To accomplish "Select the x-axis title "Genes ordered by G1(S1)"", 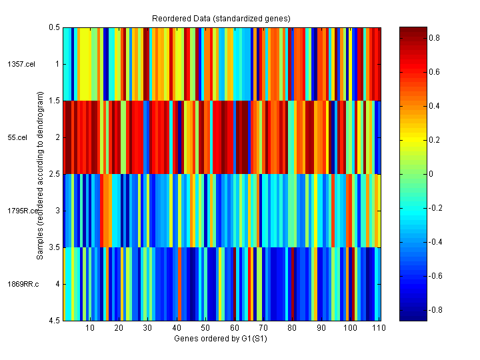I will pyautogui.click(x=222, y=338).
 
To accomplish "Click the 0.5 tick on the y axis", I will pyautogui.click(x=54, y=27).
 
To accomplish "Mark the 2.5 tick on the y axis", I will pyautogui.click(x=54, y=174).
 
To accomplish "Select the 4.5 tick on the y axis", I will pyautogui.click(x=54, y=321).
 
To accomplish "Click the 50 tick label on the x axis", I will pyautogui.click(x=205, y=328).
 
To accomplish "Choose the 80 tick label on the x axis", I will pyautogui.click(x=292, y=328).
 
